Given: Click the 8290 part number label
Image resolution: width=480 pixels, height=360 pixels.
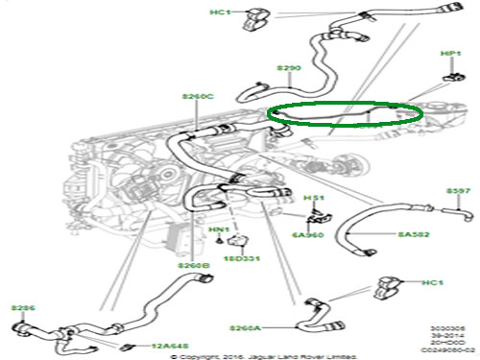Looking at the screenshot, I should coord(290,68).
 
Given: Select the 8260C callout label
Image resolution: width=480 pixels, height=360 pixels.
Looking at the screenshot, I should coord(198,96).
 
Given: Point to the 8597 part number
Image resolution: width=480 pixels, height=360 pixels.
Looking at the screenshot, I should coord(458,192).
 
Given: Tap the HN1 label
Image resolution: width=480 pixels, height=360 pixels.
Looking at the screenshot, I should coord(219,230).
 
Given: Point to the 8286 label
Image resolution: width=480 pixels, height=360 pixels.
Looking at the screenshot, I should coord(22,308).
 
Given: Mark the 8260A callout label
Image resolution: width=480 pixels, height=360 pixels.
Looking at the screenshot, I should coord(247,328).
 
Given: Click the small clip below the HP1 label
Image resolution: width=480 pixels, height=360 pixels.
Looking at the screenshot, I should coord(449,76).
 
